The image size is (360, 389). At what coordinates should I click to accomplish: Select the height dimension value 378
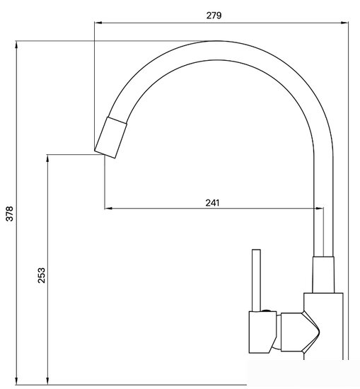pyautogui.click(x=9, y=213)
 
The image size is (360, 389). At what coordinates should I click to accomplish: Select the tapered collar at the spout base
pyautogui.click(x=323, y=274)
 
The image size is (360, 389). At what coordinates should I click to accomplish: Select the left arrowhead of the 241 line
pyautogui.click(x=108, y=209)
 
